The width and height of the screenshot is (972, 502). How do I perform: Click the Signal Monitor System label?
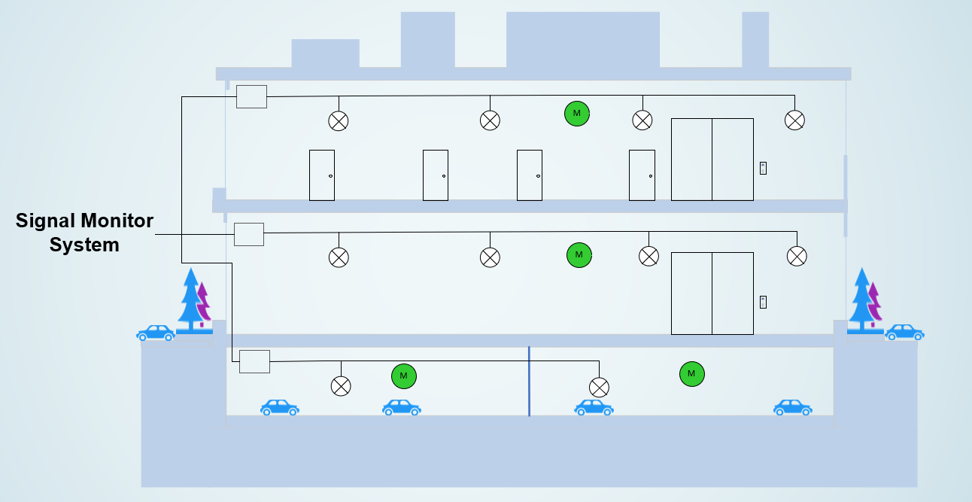coord(84,233)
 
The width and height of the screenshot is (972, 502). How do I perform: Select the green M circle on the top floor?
coord(577,114)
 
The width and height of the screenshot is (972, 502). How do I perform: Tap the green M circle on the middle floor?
coord(579,255)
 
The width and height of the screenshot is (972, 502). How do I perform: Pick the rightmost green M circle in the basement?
coord(691,373)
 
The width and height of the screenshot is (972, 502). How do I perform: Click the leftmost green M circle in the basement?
coord(403,376)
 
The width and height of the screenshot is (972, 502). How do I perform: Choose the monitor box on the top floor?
coord(251,96)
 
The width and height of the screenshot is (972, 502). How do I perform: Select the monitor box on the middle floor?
coord(249,234)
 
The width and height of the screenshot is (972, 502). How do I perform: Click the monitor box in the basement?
coord(254,361)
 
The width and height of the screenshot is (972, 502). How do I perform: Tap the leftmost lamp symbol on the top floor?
coord(339,120)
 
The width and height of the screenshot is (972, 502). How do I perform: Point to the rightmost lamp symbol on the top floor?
coord(794,120)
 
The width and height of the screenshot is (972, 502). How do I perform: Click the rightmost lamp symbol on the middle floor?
coord(797,257)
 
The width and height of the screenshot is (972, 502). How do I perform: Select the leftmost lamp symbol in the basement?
coord(341,386)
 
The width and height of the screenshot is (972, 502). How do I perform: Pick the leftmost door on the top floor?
coord(322,175)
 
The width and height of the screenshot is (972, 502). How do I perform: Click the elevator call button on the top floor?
coord(763,168)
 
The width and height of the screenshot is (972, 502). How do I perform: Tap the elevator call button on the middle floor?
coord(763,302)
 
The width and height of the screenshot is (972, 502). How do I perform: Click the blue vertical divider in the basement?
coord(529,381)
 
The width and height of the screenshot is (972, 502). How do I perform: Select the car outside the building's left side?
coord(156,333)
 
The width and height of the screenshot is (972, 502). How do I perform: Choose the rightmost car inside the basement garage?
coord(792,407)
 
